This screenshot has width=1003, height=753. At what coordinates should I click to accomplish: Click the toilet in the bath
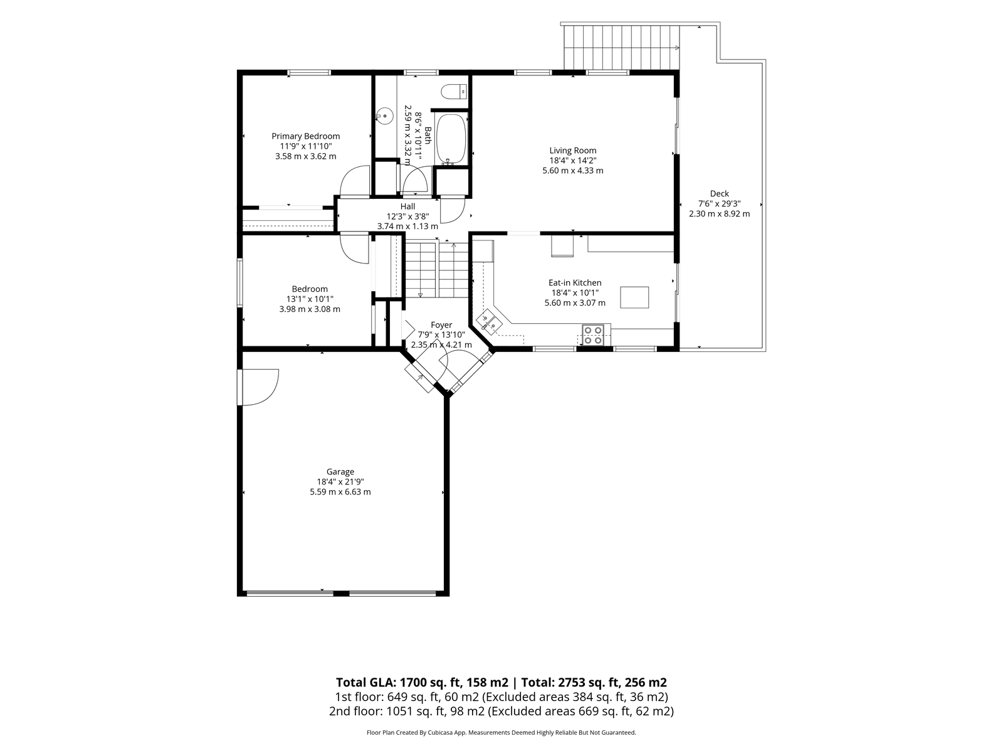pos(454,92)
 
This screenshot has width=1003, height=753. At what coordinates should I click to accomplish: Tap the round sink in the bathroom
pos(385,115)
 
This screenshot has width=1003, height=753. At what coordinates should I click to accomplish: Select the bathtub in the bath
pos(451,139)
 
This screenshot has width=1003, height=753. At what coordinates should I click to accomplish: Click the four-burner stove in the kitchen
pos(592,334)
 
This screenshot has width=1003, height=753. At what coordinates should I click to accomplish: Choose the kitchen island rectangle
pos(634,297)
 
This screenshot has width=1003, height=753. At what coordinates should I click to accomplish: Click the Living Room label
pos(572,151)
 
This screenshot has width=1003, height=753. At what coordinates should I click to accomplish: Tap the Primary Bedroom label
pos(306,136)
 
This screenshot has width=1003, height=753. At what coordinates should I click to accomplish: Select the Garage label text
pos(340,472)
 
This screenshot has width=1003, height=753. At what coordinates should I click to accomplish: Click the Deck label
pos(719,193)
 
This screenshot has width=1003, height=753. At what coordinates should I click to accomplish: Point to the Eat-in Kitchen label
pos(575,282)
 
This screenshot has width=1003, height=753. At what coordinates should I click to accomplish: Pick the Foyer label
pos(441,325)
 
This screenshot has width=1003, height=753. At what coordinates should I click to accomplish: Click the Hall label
pos(407,206)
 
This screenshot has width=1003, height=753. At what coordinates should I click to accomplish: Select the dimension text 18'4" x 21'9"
pos(340,482)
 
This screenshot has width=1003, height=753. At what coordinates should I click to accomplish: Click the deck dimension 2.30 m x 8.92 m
pos(719,213)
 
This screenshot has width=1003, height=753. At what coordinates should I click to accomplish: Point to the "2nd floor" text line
pos(501,711)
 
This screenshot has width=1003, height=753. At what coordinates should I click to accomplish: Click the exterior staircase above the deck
pos(621,48)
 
